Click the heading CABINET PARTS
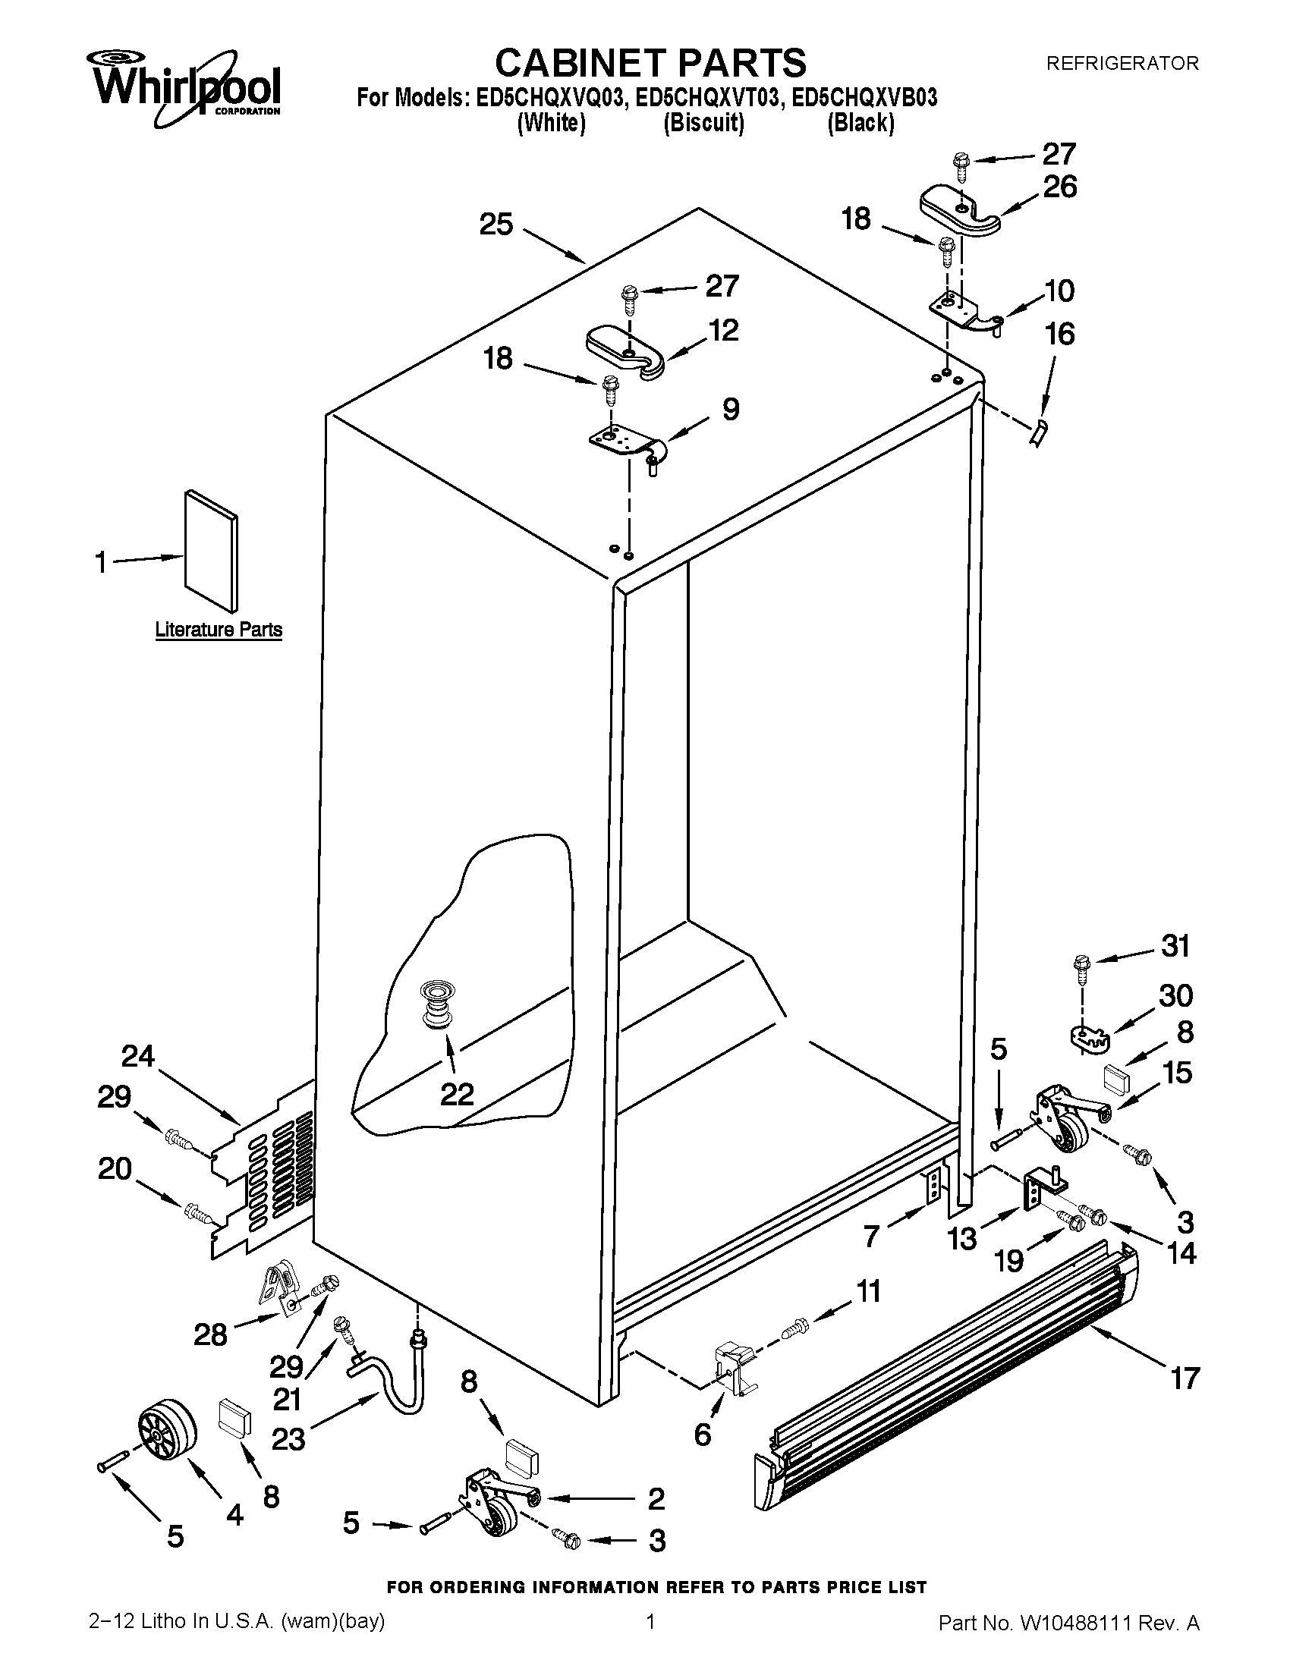[650, 63]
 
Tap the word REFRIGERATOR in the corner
[1121, 64]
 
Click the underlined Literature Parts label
[219, 630]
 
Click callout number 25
[496, 225]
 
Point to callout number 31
[1176, 946]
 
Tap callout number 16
[1059, 334]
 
